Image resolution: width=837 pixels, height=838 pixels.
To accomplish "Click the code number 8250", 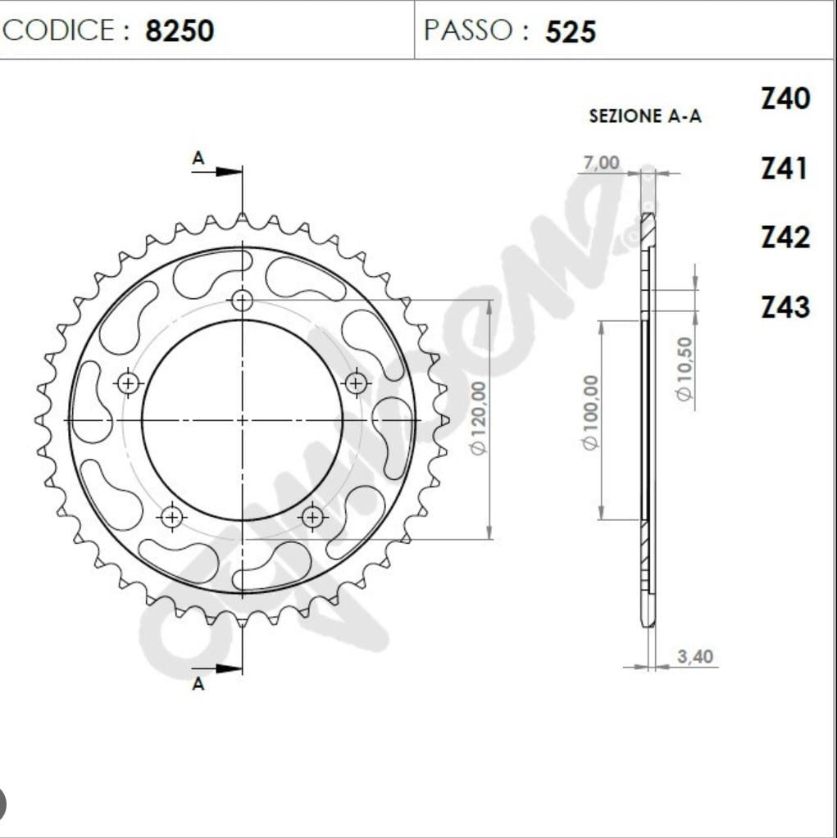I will (x=180, y=31).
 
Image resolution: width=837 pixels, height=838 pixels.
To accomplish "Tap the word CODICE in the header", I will (x=59, y=30).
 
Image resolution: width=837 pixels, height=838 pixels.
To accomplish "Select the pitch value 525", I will (x=571, y=32).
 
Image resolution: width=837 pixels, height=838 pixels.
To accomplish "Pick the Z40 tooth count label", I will (x=785, y=98).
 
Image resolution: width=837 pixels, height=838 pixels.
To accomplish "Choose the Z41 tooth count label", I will (x=785, y=168).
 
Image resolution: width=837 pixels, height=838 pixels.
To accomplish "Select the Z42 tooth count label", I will (x=785, y=237).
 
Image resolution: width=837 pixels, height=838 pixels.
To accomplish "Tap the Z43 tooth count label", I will (x=785, y=306).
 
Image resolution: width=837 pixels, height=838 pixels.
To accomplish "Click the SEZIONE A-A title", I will (x=645, y=116).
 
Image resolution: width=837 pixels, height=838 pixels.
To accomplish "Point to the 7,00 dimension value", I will (x=602, y=162).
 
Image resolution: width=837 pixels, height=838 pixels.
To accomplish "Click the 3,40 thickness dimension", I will (x=696, y=656).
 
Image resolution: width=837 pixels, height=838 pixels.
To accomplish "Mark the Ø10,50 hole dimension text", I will (x=685, y=368).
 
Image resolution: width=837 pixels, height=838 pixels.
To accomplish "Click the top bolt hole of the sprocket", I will (x=242, y=301).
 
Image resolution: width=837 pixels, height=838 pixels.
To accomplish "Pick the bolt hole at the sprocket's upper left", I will (x=129, y=383).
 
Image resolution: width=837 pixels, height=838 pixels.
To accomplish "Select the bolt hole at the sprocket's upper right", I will (x=356, y=383).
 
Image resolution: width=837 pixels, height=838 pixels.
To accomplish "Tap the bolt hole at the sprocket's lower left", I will (x=171, y=517).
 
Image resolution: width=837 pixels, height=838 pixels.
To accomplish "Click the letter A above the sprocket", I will (x=198, y=158).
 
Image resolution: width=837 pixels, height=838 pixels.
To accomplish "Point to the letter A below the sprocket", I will (x=198, y=684).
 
